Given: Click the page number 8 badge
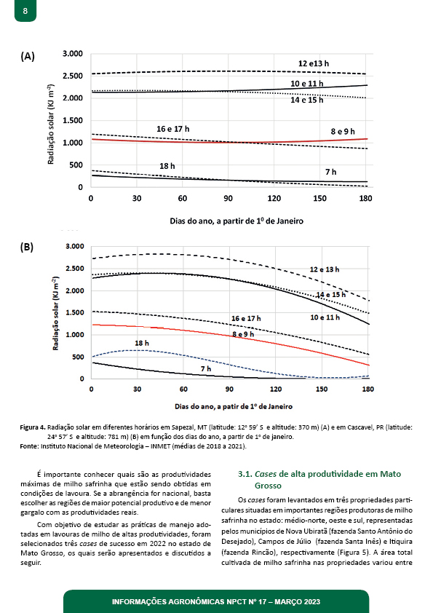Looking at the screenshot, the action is pyautogui.click(x=25, y=10).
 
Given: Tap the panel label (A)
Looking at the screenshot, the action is pyautogui.click(x=28, y=56).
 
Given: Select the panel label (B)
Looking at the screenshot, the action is pyautogui.click(x=27, y=247).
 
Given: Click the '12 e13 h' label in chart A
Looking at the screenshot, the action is pyautogui.click(x=314, y=63).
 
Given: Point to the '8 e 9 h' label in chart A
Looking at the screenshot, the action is pyautogui.click(x=343, y=131).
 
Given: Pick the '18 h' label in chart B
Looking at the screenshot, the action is pyautogui.click(x=141, y=343).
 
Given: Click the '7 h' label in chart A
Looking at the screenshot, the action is pyautogui.click(x=330, y=172).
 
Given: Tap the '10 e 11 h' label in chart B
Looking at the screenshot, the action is pyautogui.click(x=325, y=317).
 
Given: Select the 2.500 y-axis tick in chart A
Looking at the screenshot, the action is pyautogui.click(x=73, y=76).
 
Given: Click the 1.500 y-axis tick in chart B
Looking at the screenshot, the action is pyautogui.click(x=75, y=313).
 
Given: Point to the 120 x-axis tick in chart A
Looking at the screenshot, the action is pyautogui.click(x=274, y=198).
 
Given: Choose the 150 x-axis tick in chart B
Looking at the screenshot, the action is pyautogui.click(x=321, y=389).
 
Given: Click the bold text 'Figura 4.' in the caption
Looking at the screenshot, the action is pyautogui.click(x=33, y=427).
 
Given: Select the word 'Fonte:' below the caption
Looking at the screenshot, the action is pyautogui.click(x=29, y=446).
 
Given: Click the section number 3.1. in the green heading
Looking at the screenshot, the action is pyautogui.click(x=245, y=474).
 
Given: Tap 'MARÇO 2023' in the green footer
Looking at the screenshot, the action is pyautogui.click(x=297, y=601).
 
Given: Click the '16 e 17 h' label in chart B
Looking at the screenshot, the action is pyautogui.click(x=246, y=319).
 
